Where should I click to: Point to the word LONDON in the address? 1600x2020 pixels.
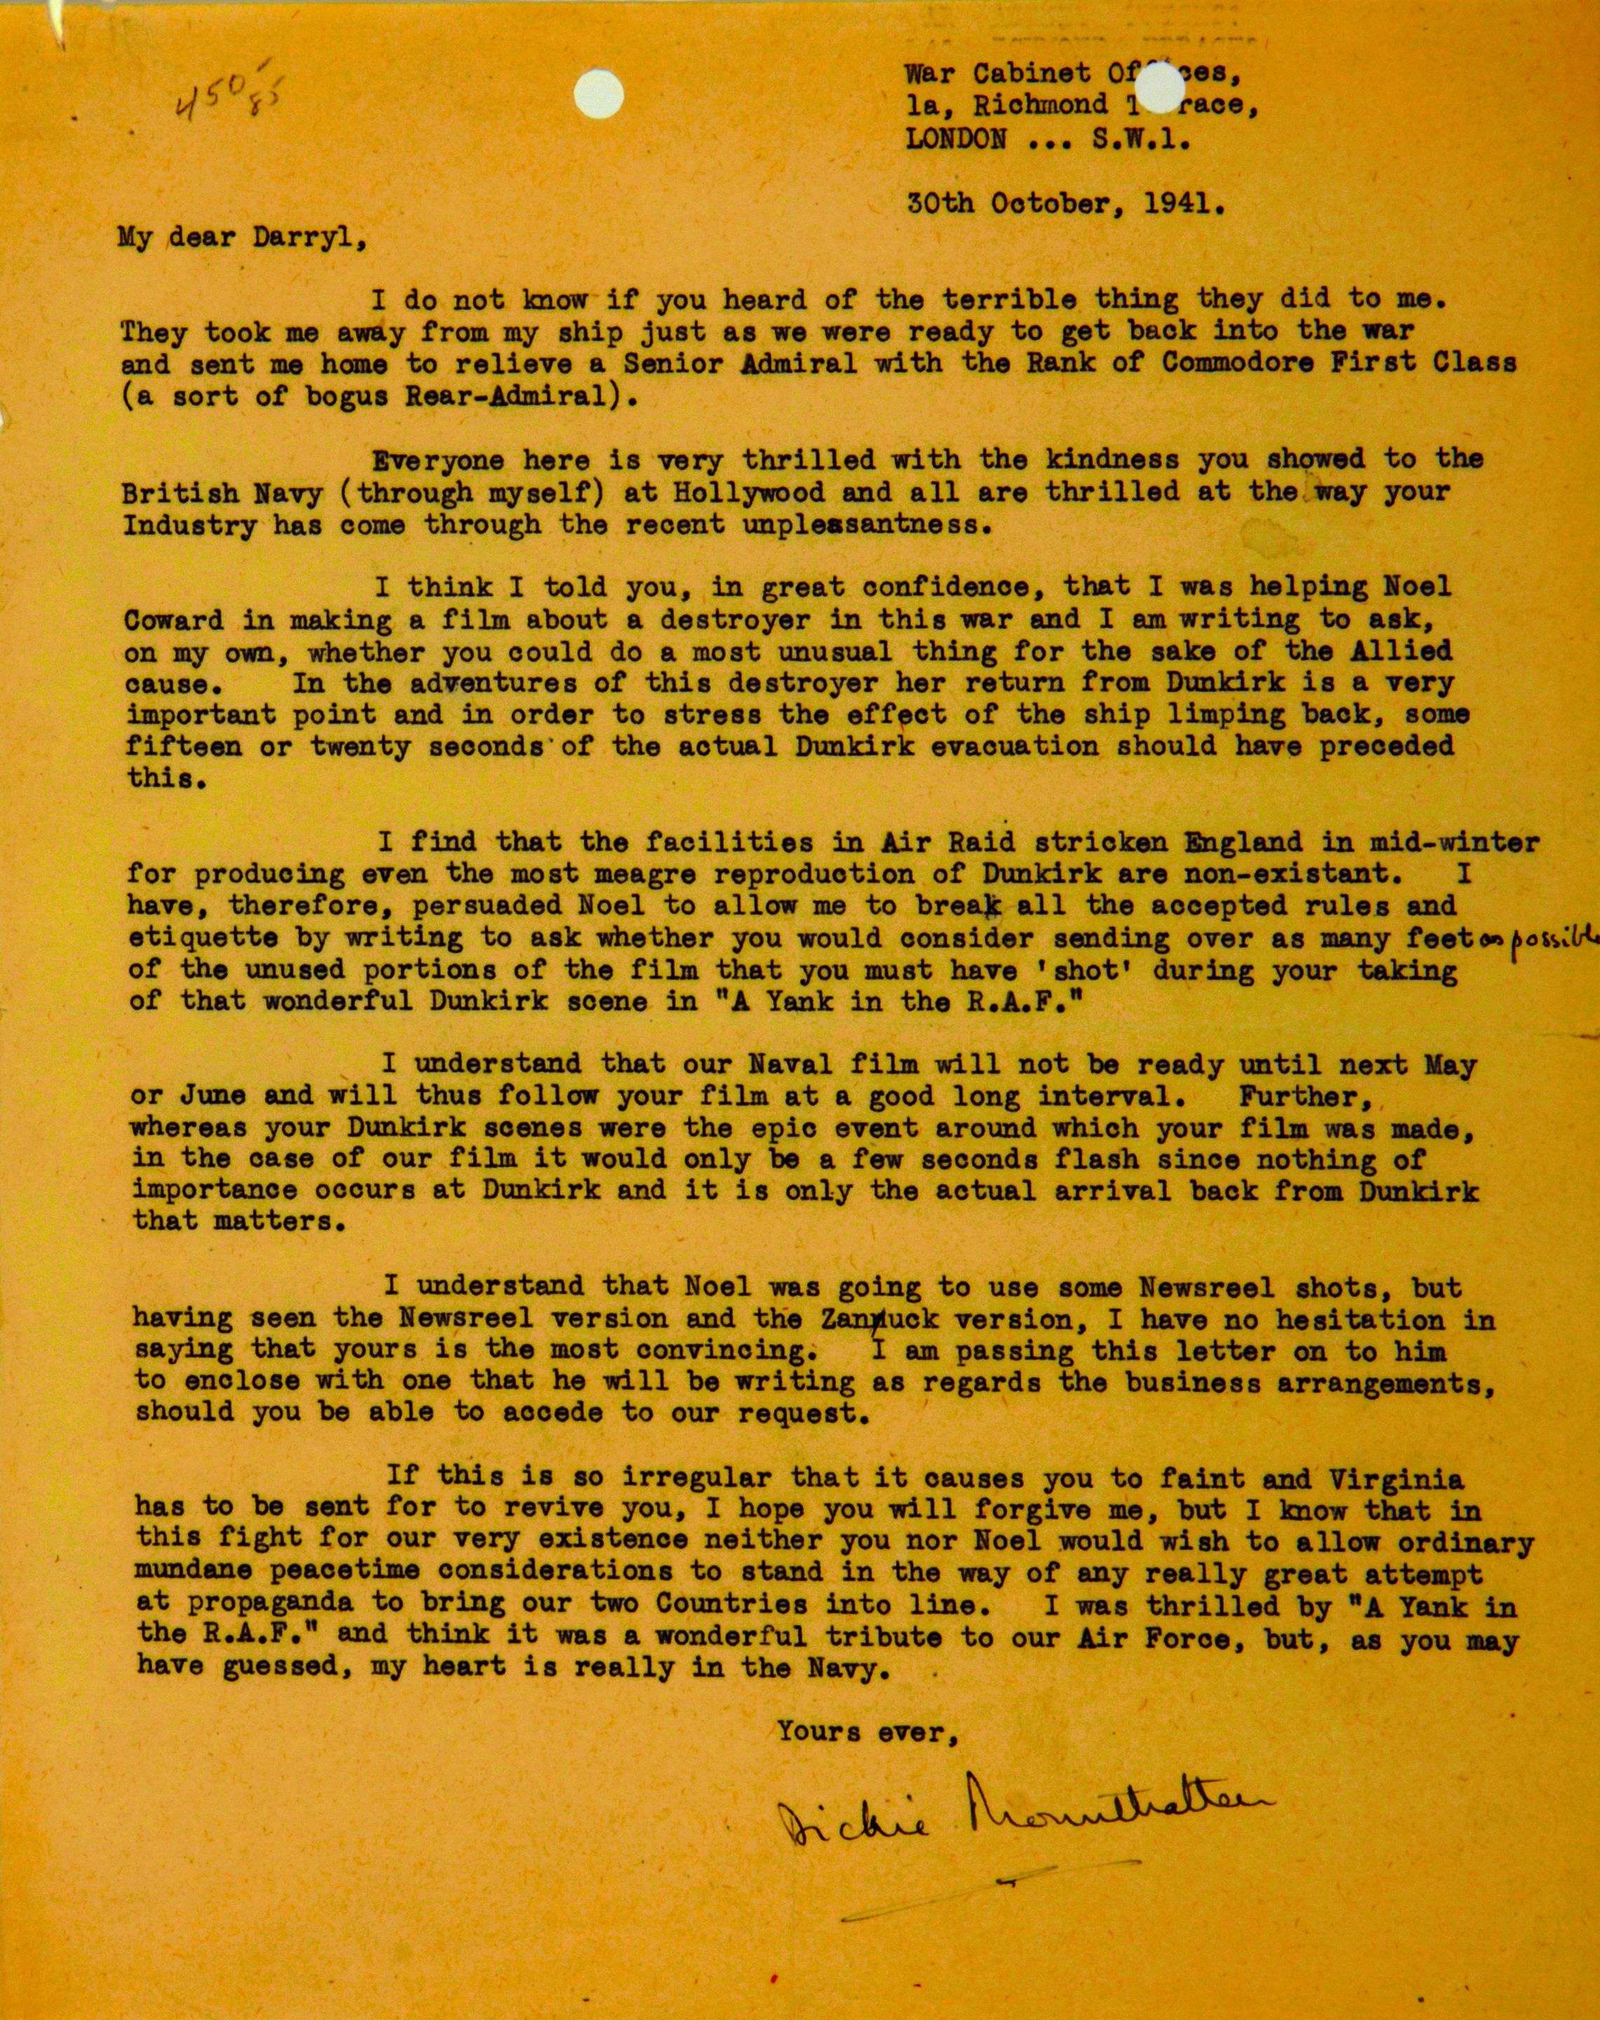[x=956, y=140]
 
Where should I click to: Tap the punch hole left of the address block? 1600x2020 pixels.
[x=592, y=92]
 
